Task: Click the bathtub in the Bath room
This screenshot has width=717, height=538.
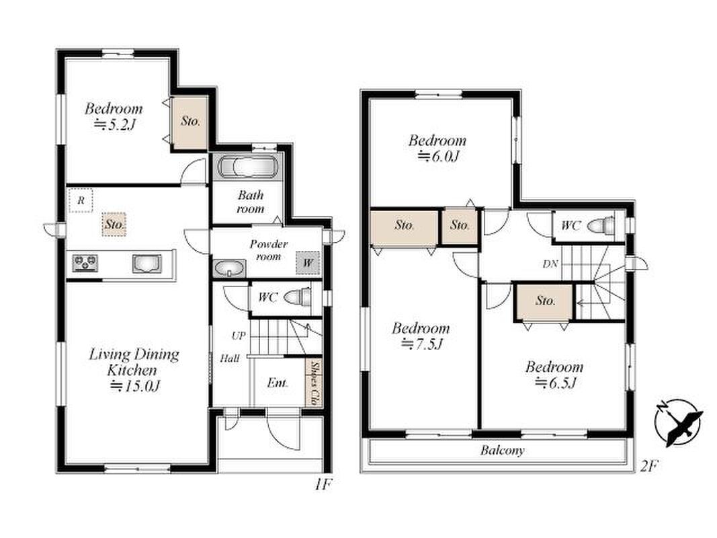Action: [247, 167]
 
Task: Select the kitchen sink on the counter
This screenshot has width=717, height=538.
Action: [146, 264]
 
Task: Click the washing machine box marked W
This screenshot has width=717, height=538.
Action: [307, 262]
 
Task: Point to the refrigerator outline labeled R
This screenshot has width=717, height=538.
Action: [81, 200]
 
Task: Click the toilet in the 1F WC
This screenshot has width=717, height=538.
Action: [297, 297]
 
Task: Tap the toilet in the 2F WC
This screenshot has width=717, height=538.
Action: [600, 225]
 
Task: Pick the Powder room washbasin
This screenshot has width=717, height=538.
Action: [228, 268]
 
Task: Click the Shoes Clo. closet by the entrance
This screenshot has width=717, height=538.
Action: [314, 383]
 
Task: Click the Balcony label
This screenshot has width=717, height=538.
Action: [502, 451]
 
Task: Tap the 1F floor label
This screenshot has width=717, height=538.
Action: [323, 484]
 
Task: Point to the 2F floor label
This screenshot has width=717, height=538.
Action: [648, 467]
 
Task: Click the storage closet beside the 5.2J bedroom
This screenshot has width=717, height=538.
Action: [190, 122]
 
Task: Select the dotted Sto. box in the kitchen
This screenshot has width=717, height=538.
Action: [114, 224]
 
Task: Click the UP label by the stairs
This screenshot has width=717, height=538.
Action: [239, 336]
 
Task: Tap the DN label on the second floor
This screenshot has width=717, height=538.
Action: [550, 264]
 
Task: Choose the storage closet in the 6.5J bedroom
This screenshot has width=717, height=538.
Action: [544, 302]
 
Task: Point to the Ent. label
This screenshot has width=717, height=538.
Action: [278, 383]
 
